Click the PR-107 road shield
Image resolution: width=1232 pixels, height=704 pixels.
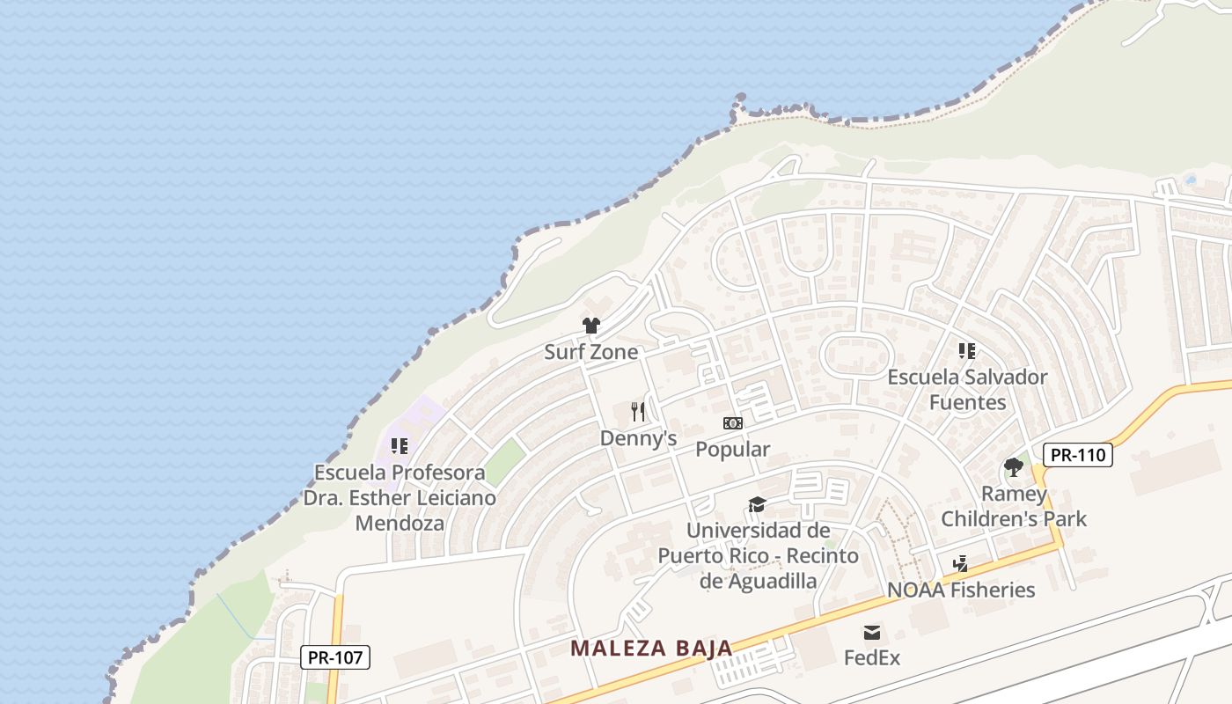click(x=335, y=656)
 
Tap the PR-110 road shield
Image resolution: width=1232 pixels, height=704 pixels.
click(x=1077, y=455)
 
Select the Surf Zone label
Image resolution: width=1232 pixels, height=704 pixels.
click(x=590, y=352)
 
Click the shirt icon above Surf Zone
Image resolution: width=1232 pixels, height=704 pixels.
click(x=591, y=326)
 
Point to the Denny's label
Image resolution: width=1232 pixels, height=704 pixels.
click(x=638, y=437)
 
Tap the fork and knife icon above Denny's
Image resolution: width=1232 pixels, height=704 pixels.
click(x=639, y=411)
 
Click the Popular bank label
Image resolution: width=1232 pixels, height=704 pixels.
click(x=732, y=449)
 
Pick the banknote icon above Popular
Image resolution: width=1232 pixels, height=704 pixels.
click(x=732, y=423)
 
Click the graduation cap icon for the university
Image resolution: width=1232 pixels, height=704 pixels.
click(x=757, y=504)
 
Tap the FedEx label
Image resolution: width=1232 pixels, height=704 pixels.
click(x=872, y=657)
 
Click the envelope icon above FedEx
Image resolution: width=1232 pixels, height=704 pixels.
click(x=872, y=633)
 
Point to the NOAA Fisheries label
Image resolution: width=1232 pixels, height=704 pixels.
click(x=961, y=590)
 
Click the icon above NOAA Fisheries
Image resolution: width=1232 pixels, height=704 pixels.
click(x=961, y=563)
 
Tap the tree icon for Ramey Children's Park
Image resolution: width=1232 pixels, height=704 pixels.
click(x=1014, y=467)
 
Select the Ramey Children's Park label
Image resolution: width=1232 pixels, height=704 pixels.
click(x=1014, y=506)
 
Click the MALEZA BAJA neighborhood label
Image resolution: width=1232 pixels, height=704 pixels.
click(x=651, y=649)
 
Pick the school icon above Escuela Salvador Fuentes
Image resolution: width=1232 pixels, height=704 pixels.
click(x=967, y=351)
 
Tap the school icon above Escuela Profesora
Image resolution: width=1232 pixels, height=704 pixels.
click(x=400, y=446)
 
